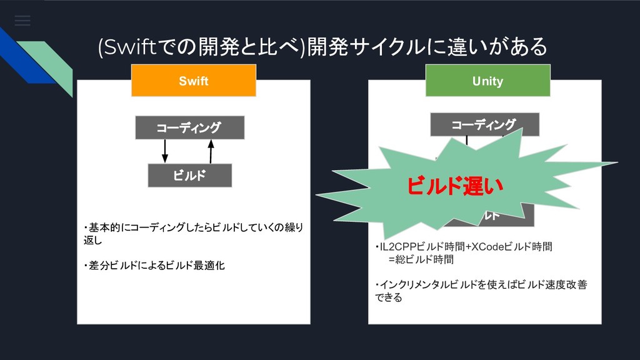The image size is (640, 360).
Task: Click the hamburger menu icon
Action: [x=22, y=21]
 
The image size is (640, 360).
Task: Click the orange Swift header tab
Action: [x=194, y=81]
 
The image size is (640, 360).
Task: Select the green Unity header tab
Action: [x=487, y=81]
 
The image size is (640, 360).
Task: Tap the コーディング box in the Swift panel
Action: [x=188, y=128]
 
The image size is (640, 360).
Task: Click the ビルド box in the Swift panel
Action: [x=189, y=176]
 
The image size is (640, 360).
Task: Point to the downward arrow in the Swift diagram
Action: [x=166, y=151]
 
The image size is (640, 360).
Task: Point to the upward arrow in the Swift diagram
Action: [x=211, y=151]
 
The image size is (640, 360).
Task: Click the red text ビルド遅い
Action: [x=454, y=186]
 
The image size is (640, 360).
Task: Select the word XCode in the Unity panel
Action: [x=482, y=246]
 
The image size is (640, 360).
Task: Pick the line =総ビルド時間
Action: [x=421, y=259]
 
